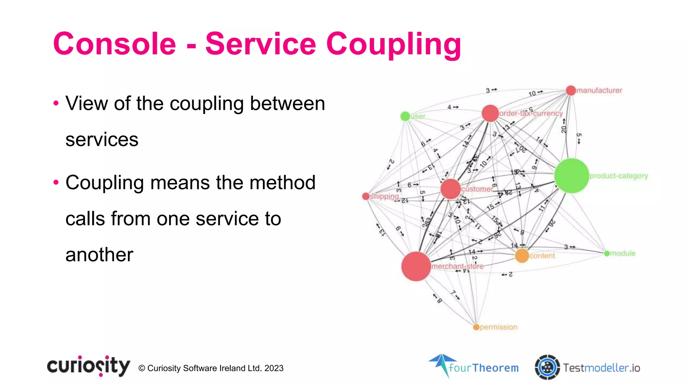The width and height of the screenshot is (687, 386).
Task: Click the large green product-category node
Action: coord(572,176)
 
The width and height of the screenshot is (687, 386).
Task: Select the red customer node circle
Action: coord(451,189)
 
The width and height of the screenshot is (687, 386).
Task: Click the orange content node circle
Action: coord(522,256)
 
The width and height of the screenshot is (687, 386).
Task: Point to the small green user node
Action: coord(405,116)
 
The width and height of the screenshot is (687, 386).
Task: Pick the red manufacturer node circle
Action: coord(571,90)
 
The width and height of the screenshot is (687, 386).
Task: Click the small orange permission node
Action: coord(476,327)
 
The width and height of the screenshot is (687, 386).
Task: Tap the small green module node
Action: coord(607,253)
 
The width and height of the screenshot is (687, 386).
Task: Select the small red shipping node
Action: coord(366,196)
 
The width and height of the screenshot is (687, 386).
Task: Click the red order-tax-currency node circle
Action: coord(490,113)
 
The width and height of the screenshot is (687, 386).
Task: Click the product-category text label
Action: coord(619,176)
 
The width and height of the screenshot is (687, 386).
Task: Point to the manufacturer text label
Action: coord(599,90)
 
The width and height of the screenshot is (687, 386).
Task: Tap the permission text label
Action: coord(498,327)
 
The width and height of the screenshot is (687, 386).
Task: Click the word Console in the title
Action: coord(114,44)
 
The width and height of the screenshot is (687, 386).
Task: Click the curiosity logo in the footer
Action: coord(89,366)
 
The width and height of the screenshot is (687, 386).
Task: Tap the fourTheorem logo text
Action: coord(483,368)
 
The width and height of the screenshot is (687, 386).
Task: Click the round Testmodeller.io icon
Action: coord(547,367)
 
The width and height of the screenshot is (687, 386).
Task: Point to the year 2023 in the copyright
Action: coord(274,368)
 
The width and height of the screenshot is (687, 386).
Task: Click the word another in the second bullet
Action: coord(99,255)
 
